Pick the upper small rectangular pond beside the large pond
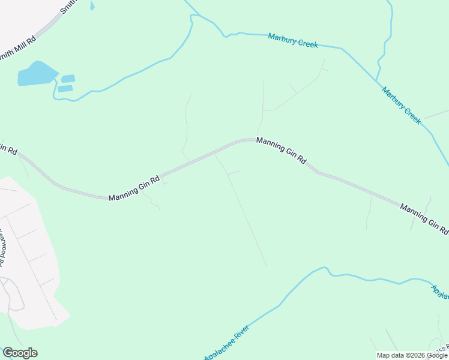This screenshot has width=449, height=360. point(68,79)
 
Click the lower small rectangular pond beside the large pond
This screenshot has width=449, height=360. point(65,89)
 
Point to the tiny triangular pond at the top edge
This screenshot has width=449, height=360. point(92,6)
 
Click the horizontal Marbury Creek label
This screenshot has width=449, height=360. point(293,40)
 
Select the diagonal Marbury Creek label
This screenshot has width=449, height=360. point(402,105)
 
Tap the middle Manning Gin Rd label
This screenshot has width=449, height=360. point(281,151)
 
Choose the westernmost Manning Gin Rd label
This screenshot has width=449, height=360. point(134,188)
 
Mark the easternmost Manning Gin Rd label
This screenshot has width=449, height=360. point(424,218)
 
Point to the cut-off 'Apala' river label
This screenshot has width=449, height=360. point(439,293)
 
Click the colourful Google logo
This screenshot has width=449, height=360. point(20,353)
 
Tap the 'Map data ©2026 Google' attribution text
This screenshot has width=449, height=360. point(412,355)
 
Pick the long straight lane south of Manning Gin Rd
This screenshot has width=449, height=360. point(246,219)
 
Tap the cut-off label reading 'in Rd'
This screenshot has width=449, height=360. point(8,148)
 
